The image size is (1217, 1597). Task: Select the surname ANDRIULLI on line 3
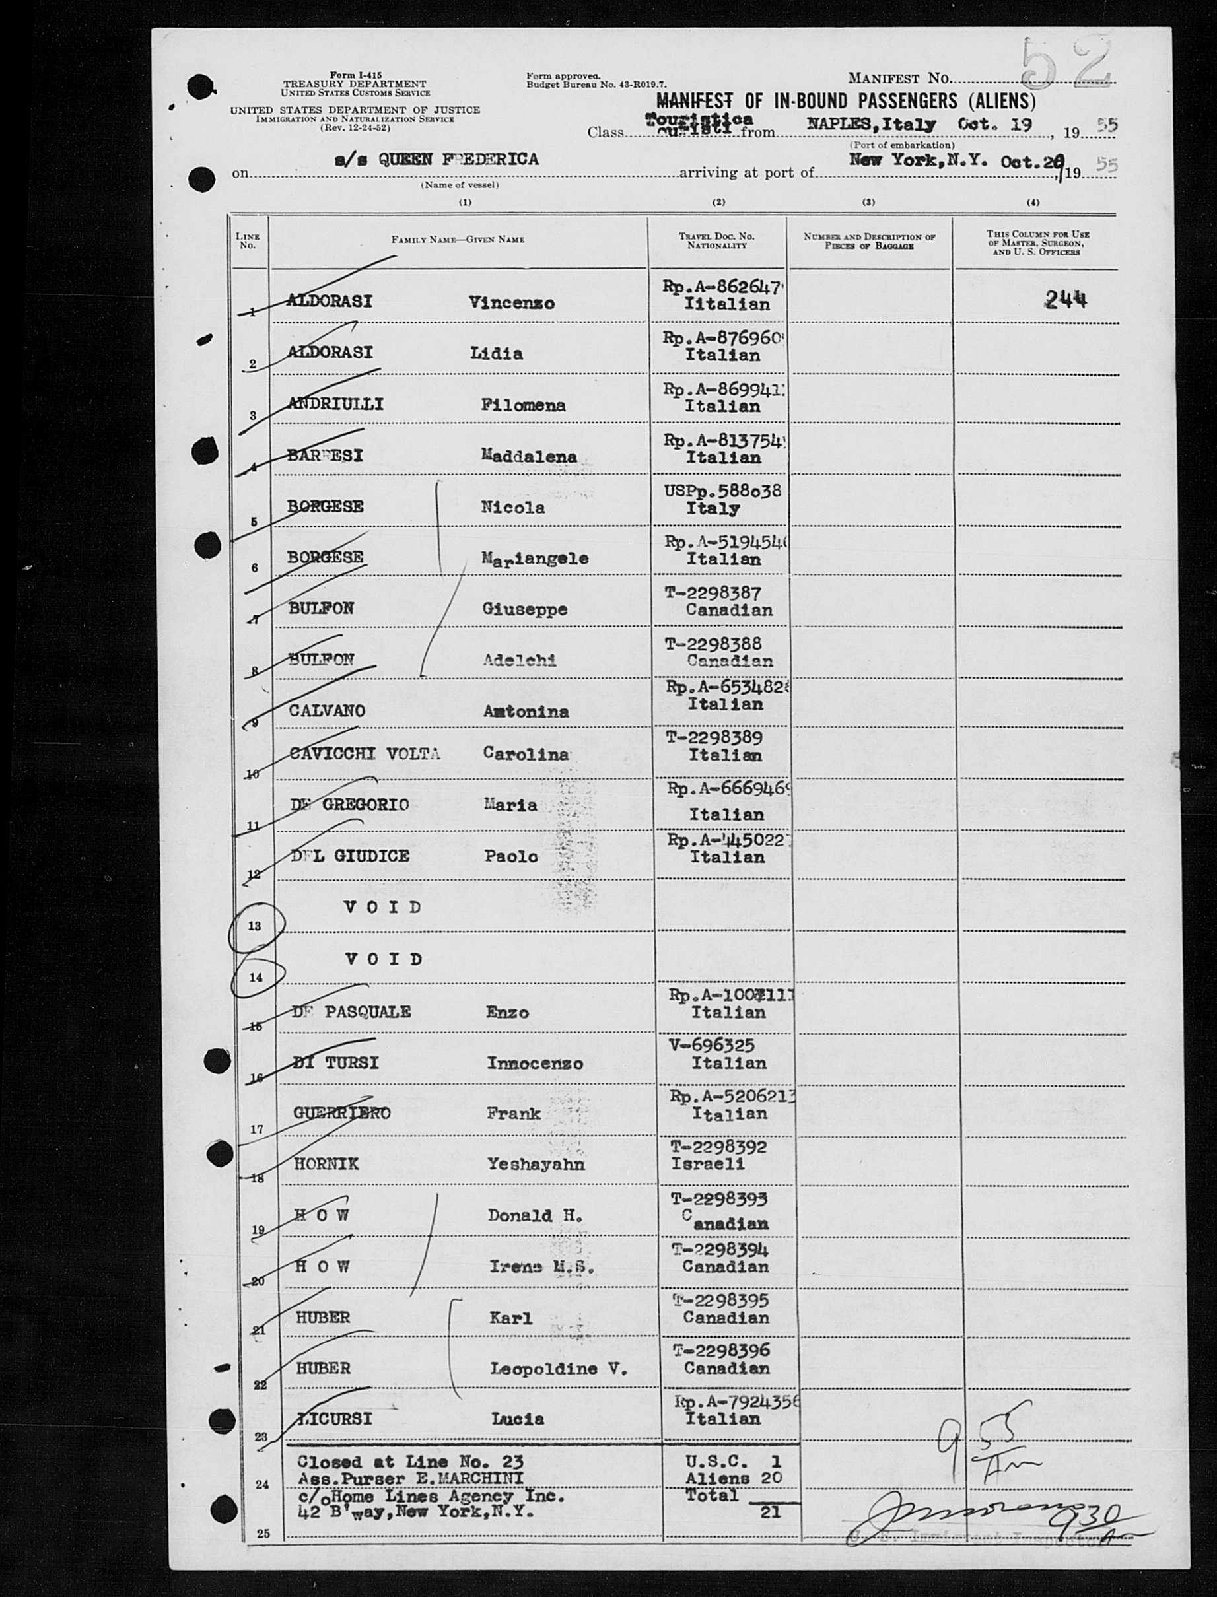(335, 404)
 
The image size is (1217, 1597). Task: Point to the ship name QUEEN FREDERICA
(458, 159)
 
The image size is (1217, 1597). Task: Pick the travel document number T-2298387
(713, 593)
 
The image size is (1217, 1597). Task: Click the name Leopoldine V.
(559, 1368)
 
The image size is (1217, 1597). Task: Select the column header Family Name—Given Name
(458, 239)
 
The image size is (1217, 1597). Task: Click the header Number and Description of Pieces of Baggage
(868, 241)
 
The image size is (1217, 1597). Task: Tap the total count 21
(770, 1512)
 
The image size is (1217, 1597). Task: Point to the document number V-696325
(713, 1045)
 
